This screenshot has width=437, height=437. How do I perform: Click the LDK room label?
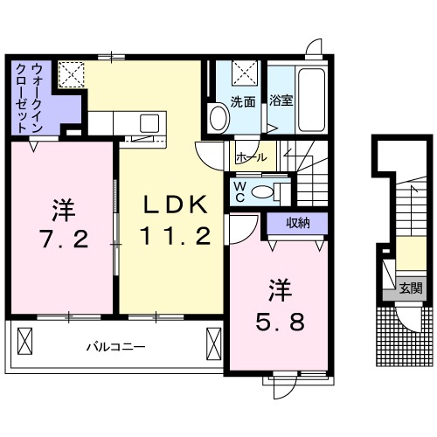tap(176, 205)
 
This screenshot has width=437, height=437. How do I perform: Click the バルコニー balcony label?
tap(114, 346)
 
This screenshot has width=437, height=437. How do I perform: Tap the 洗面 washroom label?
tap(242, 101)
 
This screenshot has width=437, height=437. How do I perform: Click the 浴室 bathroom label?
tap(281, 101)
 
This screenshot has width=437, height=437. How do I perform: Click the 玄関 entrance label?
tap(411, 288)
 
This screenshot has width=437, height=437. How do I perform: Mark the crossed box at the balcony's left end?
tap(24, 338)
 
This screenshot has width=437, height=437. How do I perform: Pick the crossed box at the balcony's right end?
tap(213, 338)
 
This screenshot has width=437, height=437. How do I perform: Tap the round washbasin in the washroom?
tap(216, 116)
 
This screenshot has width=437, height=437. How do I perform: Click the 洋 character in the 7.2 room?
tap(62, 210)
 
